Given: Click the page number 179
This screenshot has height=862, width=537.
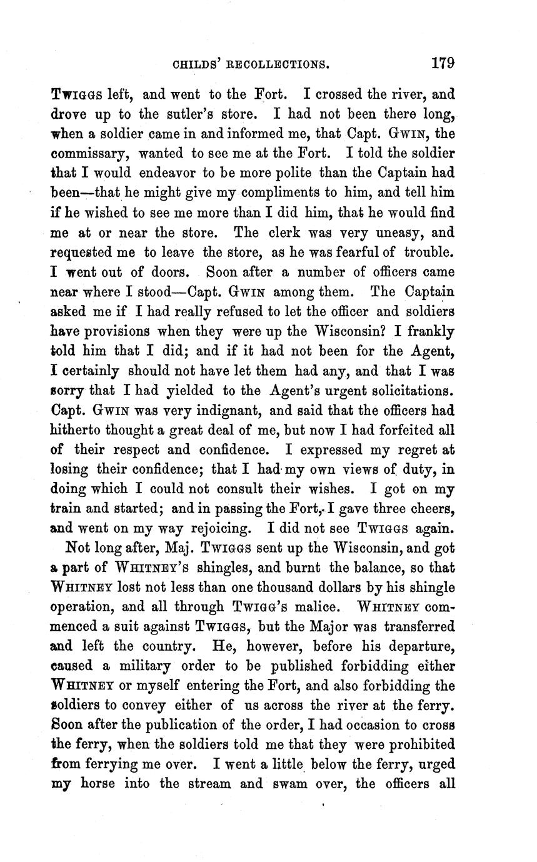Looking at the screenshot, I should [x=442, y=63].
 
